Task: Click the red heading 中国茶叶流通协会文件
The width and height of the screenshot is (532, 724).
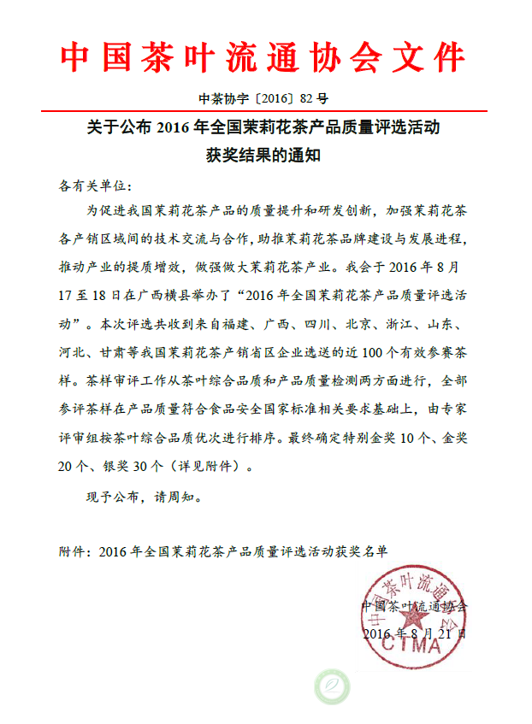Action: [x=264, y=58]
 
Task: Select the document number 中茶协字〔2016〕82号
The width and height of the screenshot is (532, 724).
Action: [x=264, y=98]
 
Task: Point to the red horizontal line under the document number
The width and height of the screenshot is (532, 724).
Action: [x=264, y=111]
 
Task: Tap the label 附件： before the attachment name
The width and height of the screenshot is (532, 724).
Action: [x=77, y=551]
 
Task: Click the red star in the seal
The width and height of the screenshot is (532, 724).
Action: [x=417, y=615]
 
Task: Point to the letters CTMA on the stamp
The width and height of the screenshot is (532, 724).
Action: [x=419, y=646]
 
